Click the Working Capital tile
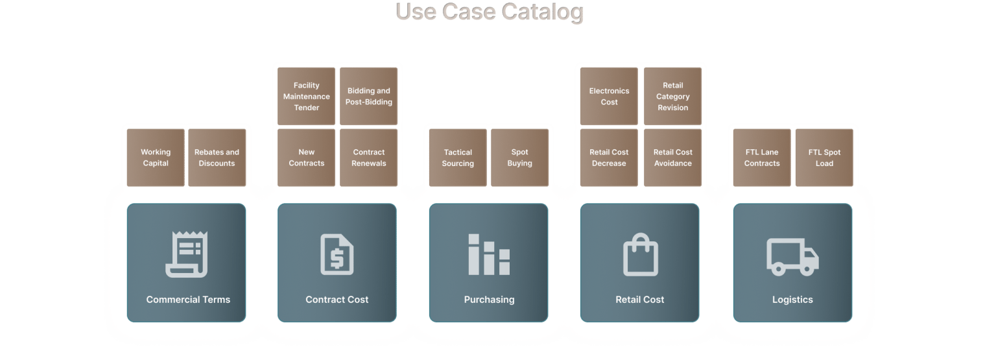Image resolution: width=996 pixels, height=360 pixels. point(156,158)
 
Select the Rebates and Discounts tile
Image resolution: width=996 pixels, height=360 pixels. point(217,158)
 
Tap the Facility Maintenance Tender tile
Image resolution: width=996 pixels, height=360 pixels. point(307,96)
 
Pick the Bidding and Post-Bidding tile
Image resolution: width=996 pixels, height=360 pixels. point(369,96)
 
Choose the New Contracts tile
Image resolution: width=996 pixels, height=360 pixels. point(307,158)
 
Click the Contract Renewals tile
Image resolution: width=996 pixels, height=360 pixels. point(369,158)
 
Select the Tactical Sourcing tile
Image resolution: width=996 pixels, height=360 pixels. point(458,158)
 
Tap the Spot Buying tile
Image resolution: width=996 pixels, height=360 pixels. point(519,158)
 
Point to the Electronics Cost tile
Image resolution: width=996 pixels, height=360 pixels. point(609,96)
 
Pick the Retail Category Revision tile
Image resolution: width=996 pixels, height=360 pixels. point(672,96)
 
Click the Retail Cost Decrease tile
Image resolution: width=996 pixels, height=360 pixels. point(609,158)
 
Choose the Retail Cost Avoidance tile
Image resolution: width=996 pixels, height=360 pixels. point(672,158)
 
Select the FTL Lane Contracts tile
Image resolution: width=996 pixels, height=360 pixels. point(762,158)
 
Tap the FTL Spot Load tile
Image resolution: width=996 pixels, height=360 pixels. point(824,158)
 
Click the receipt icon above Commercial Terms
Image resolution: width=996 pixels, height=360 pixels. point(186,254)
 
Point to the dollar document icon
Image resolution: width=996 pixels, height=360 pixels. point(337,254)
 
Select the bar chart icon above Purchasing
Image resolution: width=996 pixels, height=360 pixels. point(489,254)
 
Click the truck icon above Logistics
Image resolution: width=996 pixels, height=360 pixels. point(792,256)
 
